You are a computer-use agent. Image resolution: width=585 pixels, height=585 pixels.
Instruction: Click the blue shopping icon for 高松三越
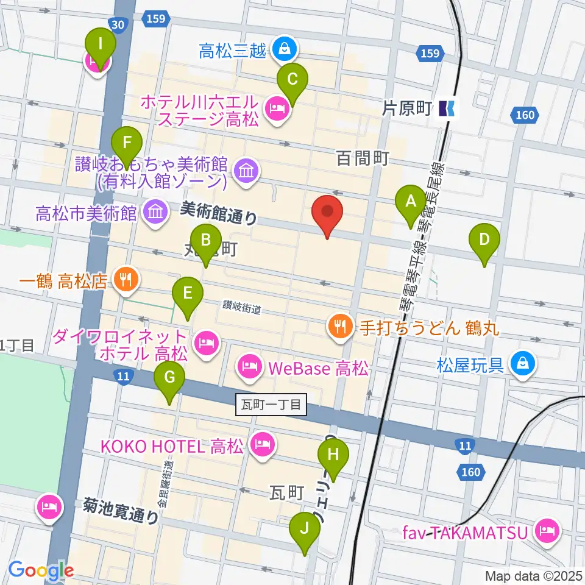coord(283,48)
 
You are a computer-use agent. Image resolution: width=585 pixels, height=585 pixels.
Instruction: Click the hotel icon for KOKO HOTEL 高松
coord(263,447)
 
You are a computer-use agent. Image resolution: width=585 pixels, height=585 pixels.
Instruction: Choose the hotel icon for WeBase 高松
coord(248,367)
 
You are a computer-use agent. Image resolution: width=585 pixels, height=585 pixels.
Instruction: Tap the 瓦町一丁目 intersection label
coord(271,404)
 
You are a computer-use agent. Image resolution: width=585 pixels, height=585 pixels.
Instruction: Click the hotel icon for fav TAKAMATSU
coord(547,531)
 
